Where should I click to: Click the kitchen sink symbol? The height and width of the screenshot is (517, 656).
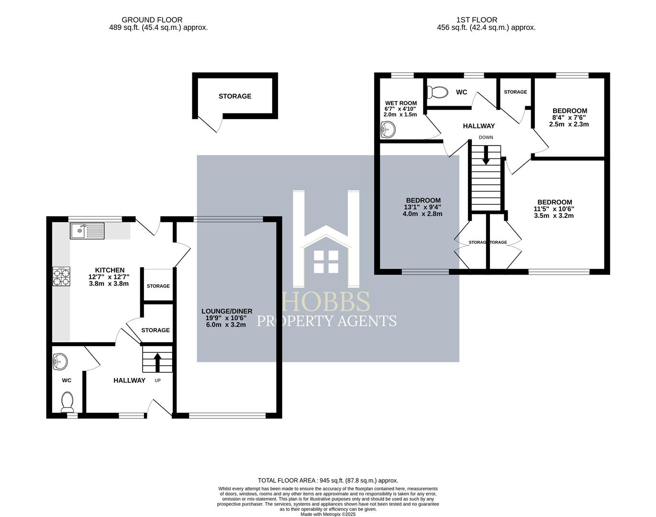[87, 231]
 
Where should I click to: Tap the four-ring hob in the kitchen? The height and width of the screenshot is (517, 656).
[61, 277]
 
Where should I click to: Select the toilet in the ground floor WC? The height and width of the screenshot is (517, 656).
[67, 402]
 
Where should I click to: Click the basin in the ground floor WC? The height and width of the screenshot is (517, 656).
[60, 361]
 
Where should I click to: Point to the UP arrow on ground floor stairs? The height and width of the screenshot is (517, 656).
[157, 361]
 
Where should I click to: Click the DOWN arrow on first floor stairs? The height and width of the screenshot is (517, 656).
[486, 156]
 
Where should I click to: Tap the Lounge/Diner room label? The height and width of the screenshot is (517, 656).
[227, 311]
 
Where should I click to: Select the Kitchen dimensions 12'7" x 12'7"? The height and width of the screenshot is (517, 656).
[109, 277]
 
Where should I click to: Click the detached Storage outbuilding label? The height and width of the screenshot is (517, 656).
[235, 96]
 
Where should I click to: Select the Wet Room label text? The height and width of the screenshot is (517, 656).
[401, 103]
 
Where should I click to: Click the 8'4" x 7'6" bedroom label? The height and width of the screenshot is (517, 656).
[569, 117]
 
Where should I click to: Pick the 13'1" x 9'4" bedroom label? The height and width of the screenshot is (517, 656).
[423, 207]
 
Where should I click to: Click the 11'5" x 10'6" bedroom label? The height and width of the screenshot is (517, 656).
[554, 209]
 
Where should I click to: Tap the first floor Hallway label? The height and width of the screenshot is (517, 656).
[478, 126]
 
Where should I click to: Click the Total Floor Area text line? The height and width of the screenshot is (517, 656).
[328, 480]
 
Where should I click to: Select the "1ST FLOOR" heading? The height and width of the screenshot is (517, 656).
[476, 20]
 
